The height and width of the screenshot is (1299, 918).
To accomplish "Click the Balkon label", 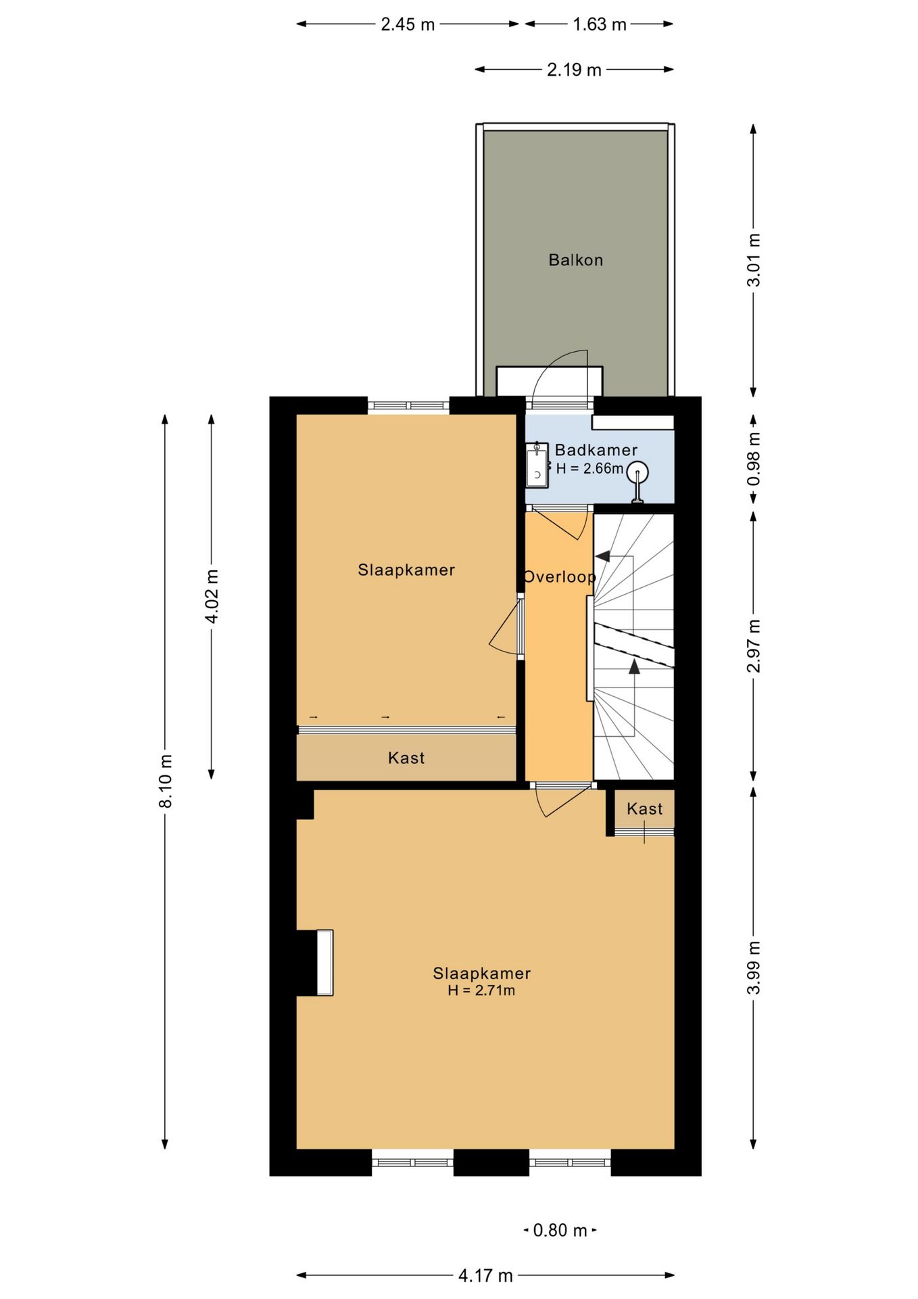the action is [x=575, y=260].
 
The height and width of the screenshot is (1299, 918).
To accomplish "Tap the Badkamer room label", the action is [x=596, y=450].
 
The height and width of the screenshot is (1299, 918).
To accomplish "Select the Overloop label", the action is [x=560, y=577].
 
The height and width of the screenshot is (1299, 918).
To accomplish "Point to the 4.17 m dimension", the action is [x=485, y=1275].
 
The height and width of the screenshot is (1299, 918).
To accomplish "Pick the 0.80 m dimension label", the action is [x=560, y=1230].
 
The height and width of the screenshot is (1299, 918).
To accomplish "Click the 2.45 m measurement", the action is [x=408, y=24].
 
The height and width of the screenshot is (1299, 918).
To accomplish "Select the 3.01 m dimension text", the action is [x=754, y=260].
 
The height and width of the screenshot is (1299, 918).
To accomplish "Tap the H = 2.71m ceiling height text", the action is [x=481, y=990].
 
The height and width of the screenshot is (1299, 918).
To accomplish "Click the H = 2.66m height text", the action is [x=589, y=468].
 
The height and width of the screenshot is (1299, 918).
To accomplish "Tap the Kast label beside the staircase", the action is [x=644, y=808].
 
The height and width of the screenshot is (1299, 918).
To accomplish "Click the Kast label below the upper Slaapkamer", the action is [x=406, y=758].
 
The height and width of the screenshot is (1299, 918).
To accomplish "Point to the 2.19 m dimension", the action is [x=574, y=70].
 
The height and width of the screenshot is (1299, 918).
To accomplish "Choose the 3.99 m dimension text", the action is [x=754, y=967].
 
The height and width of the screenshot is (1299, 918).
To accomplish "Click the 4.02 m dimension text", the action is [x=212, y=596].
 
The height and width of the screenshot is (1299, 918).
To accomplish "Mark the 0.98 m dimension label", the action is [x=754, y=459].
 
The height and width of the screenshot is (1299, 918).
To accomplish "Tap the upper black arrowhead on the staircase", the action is [x=602, y=556].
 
